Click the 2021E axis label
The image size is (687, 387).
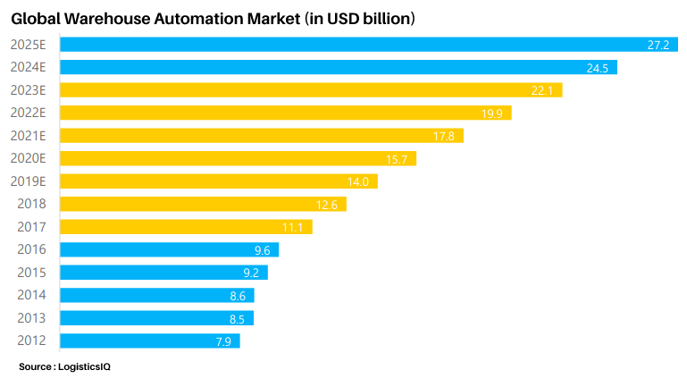pos(29,136)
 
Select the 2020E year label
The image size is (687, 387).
pos(29,158)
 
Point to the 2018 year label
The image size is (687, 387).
pos(31,204)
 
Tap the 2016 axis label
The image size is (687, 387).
pos(31,249)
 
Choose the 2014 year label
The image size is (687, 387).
pos(31,295)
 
